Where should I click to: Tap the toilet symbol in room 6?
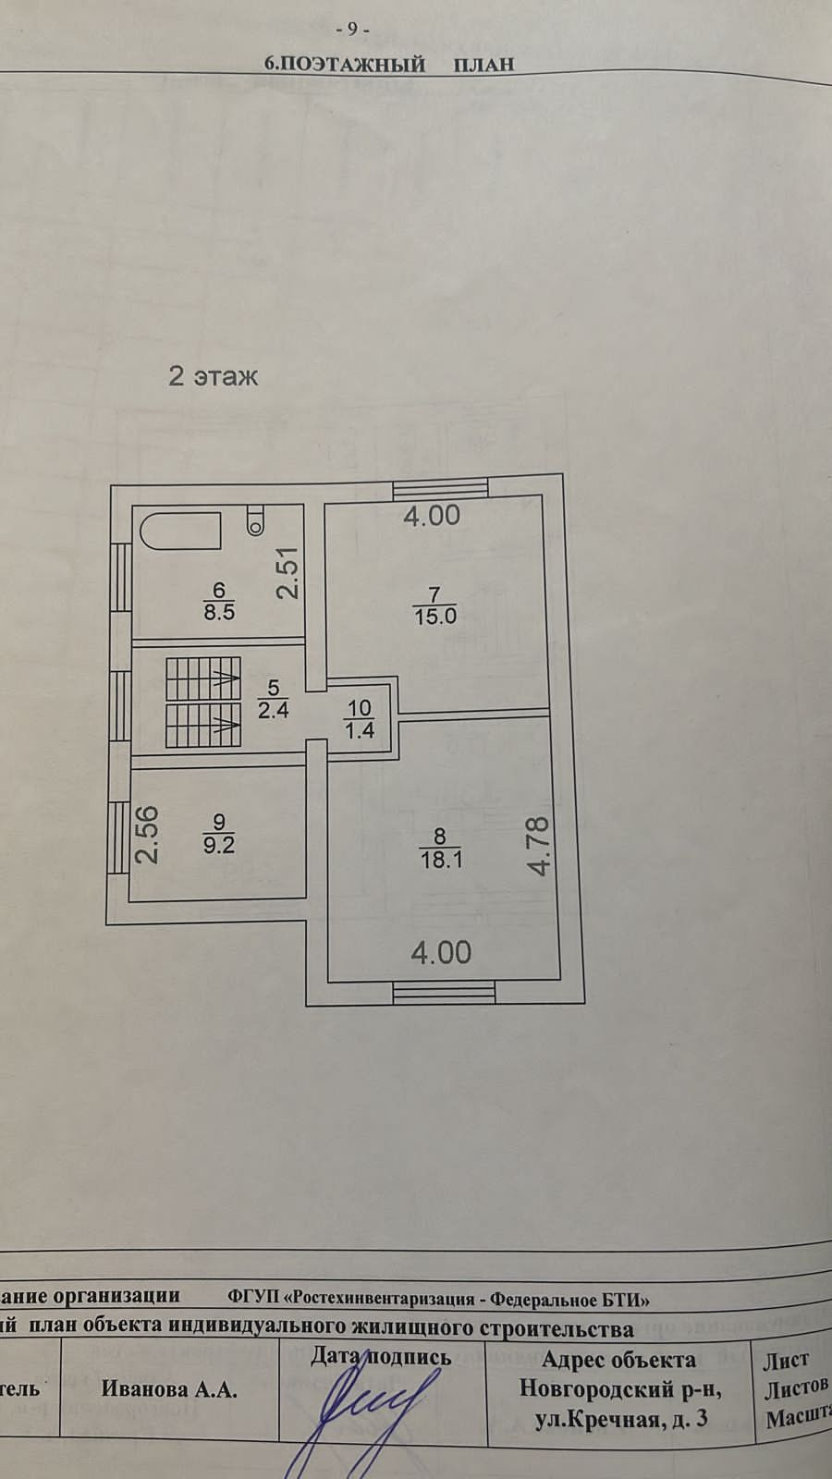[x=256, y=521]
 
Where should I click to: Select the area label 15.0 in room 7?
[x=434, y=617]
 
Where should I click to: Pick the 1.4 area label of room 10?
[x=359, y=730]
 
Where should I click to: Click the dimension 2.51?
[x=289, y=574]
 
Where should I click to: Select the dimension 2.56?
[x=148, y=835]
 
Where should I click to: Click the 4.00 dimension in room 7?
[x=432, y=516]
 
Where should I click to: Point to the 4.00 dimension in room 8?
[x=441, y=952]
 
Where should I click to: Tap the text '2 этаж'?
[x=213, y=376]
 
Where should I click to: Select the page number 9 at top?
[x=352, y=29]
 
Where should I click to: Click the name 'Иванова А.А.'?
[x=169, y=1389]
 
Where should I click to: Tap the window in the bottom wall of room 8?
[x=444, y=993]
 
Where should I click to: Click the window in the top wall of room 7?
[x=440, y=488]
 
